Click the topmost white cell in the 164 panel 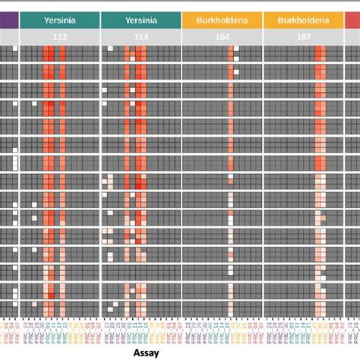point(237,49)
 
